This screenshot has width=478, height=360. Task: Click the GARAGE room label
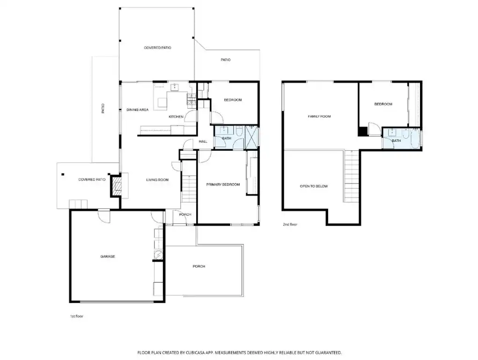[108, 257]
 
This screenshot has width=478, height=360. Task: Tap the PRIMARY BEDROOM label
[223, 184]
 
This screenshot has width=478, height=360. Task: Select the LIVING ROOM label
[157, 180]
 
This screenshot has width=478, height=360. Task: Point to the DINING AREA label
[138, 110]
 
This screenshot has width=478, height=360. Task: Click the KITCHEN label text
[176, 117]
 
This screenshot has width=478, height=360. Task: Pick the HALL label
[203, 141]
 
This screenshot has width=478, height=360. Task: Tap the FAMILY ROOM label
[319, 117]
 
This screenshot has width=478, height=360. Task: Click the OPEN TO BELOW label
[314, 186]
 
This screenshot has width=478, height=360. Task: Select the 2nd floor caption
[290, 224]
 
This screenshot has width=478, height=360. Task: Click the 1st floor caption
[76, 316]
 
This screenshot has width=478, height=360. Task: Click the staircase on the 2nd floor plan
[352, 176]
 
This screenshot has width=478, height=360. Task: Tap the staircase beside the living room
[189, 189]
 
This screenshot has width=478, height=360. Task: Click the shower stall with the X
[251, 138]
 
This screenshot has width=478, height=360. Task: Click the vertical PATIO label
[103, 109]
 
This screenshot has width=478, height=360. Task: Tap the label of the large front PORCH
[199, 266]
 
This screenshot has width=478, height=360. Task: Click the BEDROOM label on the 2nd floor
[383, 104]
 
